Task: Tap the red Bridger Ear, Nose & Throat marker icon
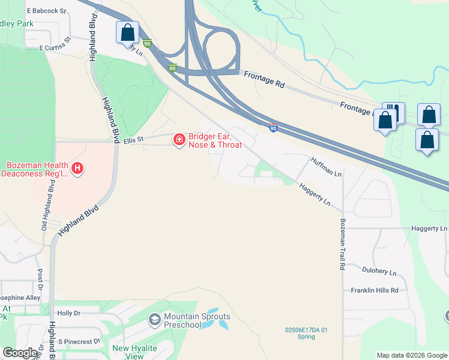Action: (179, 140)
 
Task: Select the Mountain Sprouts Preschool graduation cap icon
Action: (155, 319)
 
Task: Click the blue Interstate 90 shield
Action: (273, 128)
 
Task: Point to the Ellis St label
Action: (133, 140)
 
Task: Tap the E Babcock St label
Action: (46, 11)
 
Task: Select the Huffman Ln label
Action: (327, 167)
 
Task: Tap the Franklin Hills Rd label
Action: (375, 290)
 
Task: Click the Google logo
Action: (20, 353)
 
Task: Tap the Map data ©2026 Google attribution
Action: (411, 355)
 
